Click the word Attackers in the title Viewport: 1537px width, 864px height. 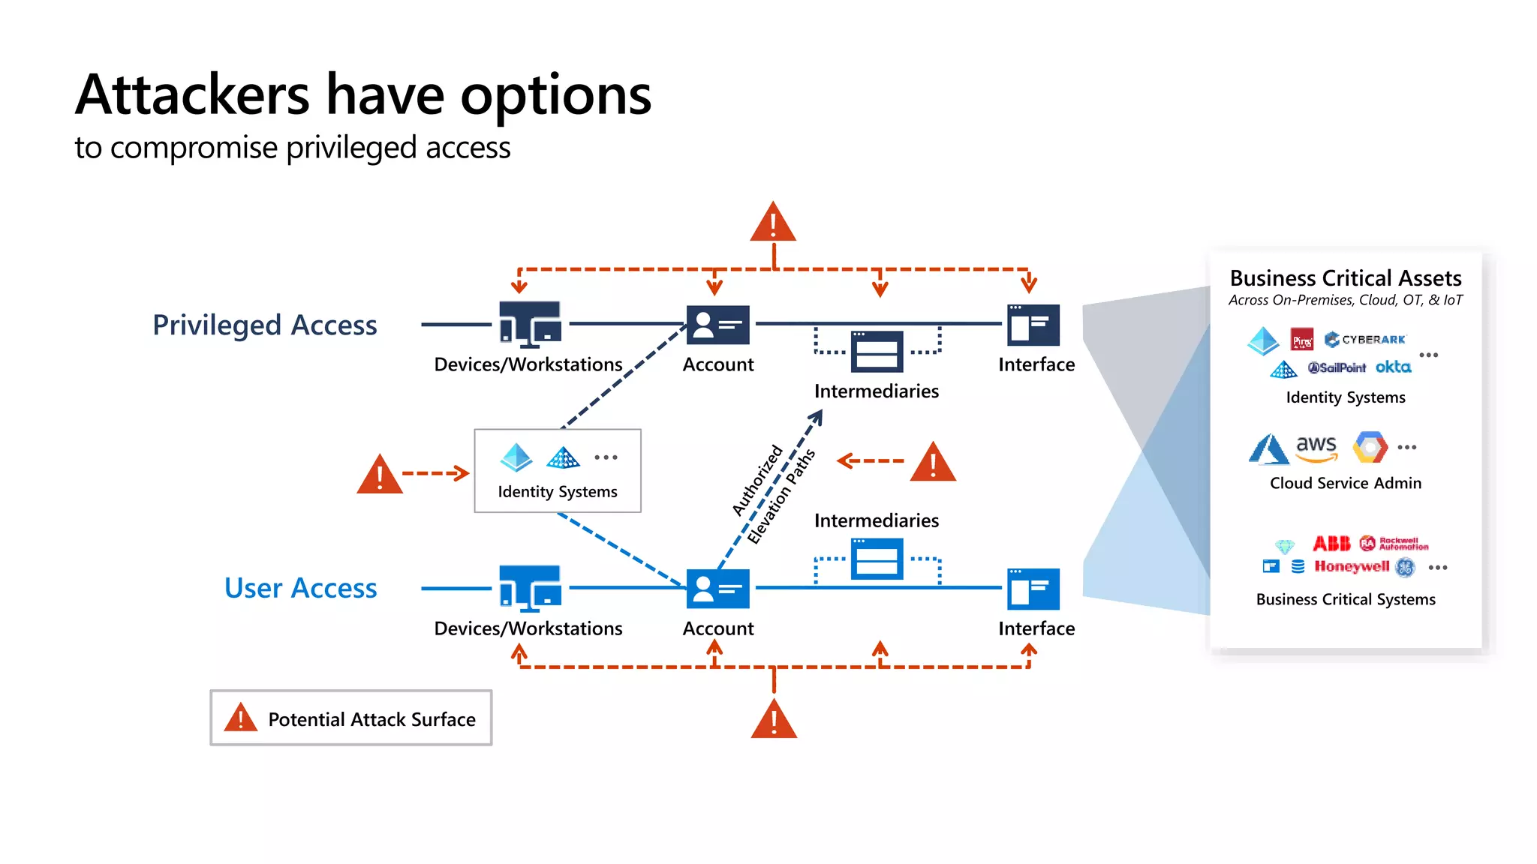coord(192,96)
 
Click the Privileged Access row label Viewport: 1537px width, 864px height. coord(265,325)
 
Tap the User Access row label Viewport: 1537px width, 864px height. coord(300,589)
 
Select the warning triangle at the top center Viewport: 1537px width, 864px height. coord(773,223)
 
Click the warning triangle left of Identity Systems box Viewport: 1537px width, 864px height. coord(380,475)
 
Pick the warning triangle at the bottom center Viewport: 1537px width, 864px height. coord(774,720)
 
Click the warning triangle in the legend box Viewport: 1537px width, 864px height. coord(241,718)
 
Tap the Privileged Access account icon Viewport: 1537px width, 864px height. coord(717,325)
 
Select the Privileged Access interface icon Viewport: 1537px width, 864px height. coord(1033,325)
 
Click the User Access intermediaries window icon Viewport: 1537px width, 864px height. coord(877,559)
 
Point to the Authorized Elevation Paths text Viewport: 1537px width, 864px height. coord(773,493)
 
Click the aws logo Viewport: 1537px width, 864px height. coord(1316,448)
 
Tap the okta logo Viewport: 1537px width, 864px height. coord(1393,367)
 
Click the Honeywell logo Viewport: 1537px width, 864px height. coord(1352,566)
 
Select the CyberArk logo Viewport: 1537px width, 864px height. coord(1366,340)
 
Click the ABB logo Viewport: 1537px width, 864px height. coord(1331,543)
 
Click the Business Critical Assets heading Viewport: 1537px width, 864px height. coord(1346,278)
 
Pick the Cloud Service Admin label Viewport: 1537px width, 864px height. coord(1346,483)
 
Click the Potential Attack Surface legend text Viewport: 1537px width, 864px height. coord(371,719)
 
